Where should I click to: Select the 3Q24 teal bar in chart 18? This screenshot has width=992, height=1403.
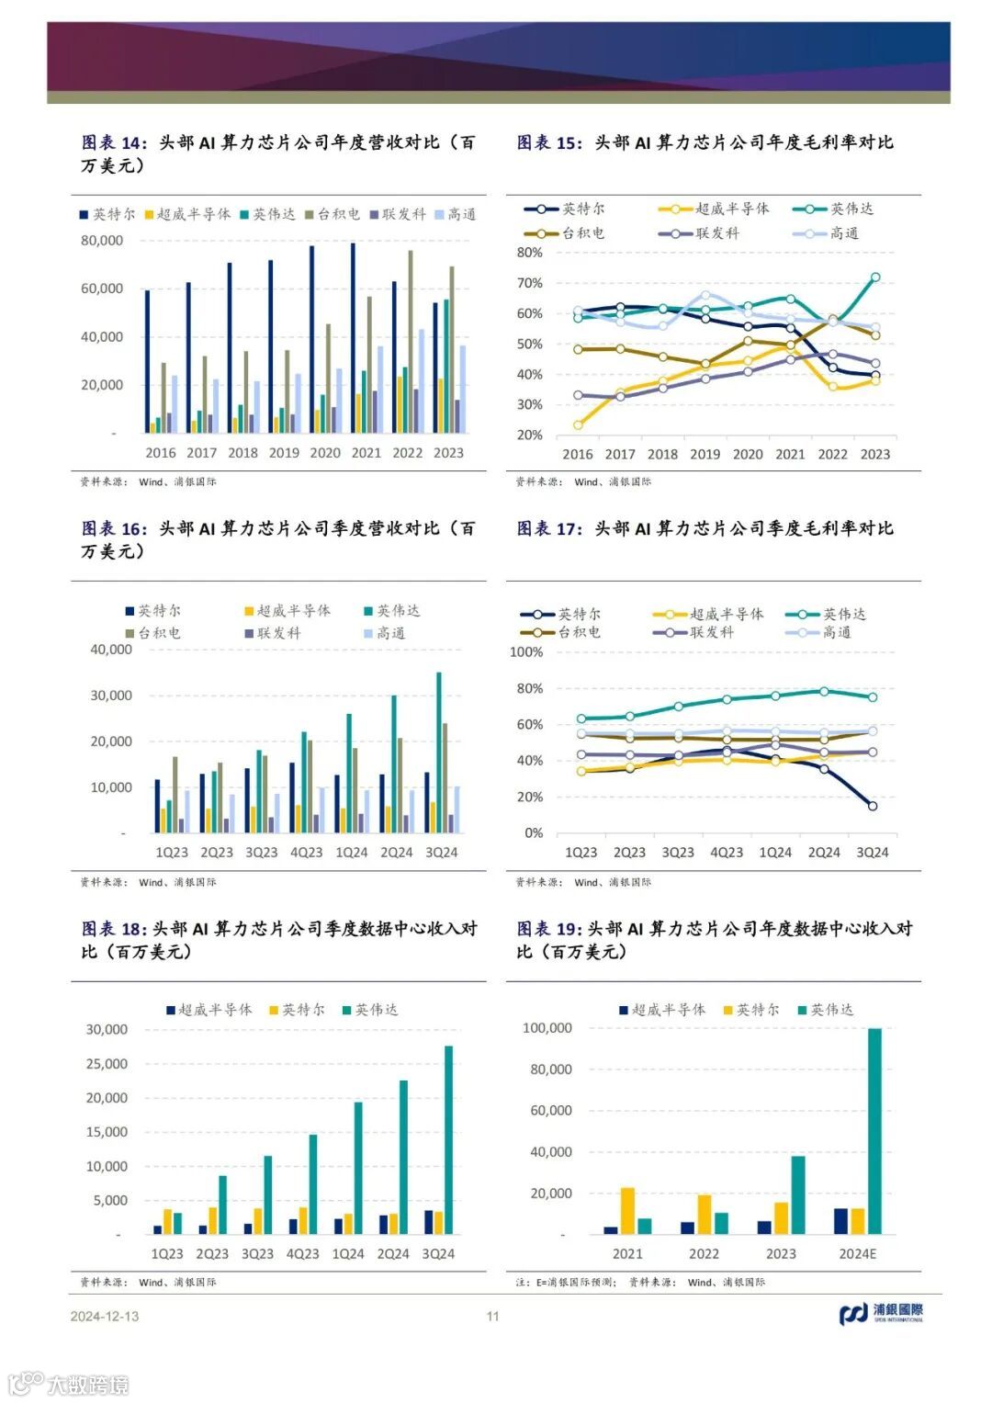[449, 1139]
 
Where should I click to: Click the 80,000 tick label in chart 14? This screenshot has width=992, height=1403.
[102, 241]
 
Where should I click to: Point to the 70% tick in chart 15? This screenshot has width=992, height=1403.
[529, 283]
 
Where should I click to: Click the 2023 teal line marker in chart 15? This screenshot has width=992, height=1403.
[875, 277]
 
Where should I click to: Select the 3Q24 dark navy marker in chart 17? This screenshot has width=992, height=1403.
[872, 806]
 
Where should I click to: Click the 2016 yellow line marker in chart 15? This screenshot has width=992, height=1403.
[578, 425]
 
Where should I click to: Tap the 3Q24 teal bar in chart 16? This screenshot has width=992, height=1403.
[438, 752]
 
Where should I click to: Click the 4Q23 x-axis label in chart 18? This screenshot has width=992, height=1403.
[303, 1254]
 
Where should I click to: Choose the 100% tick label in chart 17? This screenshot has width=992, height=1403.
[526, 652]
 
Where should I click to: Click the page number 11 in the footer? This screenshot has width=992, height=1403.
[493, 1316]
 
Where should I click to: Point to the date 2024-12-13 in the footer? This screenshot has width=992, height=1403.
[105, 1316]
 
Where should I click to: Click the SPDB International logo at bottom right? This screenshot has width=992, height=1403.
[881, 1314]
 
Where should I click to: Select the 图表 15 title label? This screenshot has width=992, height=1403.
[548, 142]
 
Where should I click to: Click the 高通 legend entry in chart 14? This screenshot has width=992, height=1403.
[456, 214]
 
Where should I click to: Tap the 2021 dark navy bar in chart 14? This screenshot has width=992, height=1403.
[353, 337]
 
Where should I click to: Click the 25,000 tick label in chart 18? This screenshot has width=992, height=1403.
[107, 1064]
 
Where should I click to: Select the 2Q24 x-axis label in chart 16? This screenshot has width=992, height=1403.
[397, 853]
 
